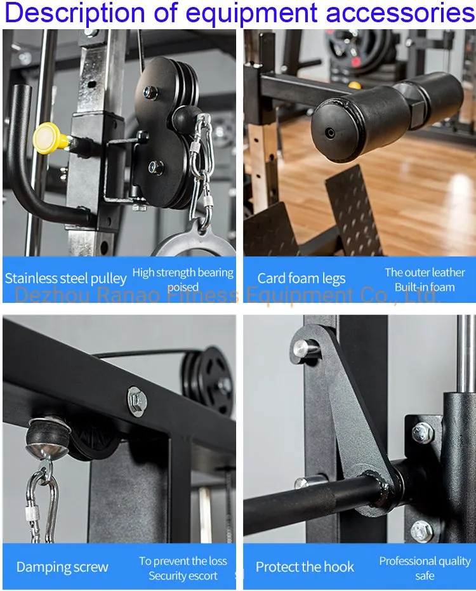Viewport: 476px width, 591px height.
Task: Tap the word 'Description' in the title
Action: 75,13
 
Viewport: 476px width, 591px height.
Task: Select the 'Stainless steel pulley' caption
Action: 66,278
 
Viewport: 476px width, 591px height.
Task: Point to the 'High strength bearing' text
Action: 183,272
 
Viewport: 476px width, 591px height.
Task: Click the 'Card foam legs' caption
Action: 301,278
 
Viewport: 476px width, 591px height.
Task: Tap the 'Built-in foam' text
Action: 425,287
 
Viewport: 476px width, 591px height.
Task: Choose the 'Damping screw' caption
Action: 62,567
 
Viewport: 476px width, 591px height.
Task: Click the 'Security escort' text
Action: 183,576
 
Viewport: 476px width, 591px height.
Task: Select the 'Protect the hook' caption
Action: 305,567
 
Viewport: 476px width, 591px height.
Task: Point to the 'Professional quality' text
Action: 425,561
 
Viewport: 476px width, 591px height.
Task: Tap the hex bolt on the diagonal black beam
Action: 137,401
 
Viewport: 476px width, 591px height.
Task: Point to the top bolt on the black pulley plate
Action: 150,92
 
